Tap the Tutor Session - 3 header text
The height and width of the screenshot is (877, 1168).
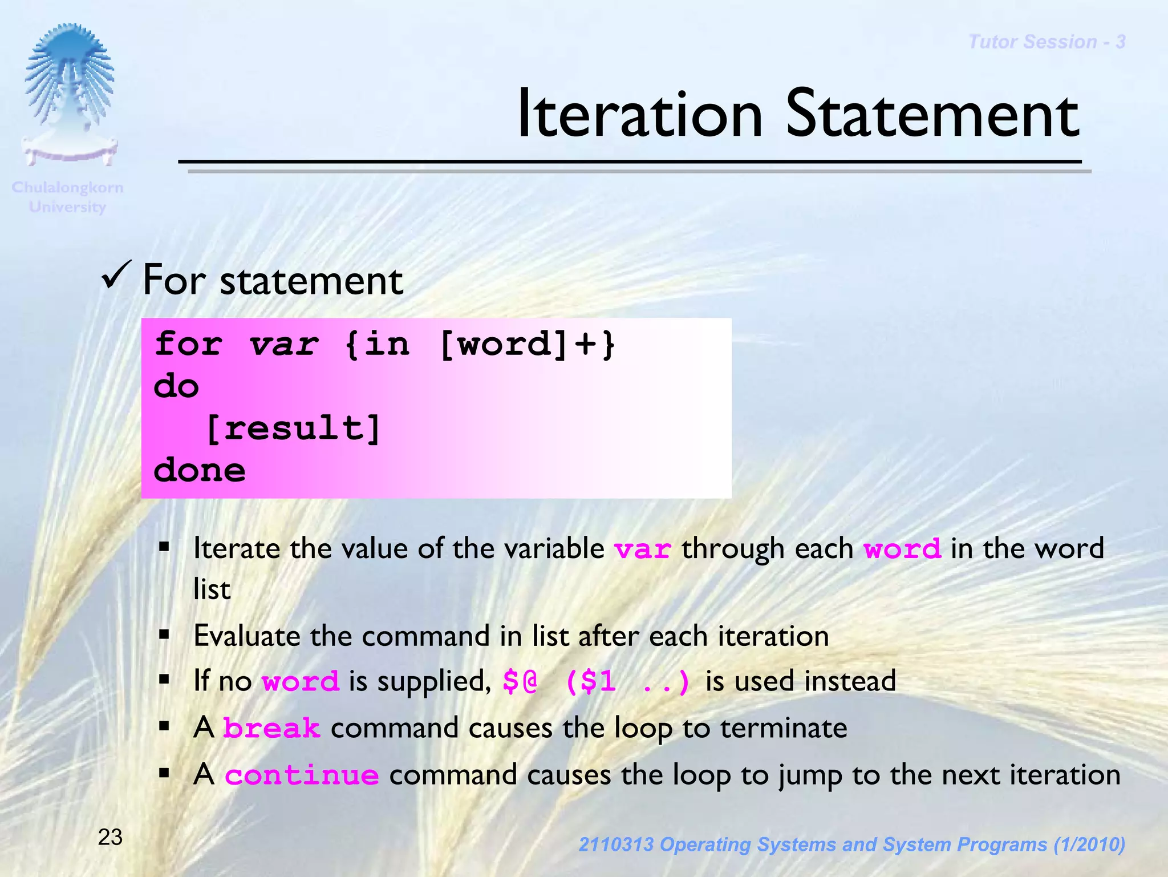pos(1047,42)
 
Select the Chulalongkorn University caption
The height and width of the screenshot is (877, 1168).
pos(67,197)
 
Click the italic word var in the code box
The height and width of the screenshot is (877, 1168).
pos(283,344)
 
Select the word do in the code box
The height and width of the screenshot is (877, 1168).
pos(176,386)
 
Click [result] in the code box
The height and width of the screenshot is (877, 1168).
pos(293,428)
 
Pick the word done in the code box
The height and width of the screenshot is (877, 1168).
pos(199,470)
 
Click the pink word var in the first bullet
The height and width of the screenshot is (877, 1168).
pos(642,549)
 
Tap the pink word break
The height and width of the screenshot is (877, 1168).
pos(271,729)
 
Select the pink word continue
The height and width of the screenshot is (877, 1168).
pos(302,775)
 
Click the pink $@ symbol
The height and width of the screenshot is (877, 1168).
pos(520,681)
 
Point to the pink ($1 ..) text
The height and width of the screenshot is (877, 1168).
pos(627,681)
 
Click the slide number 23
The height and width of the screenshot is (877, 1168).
pos(110,837)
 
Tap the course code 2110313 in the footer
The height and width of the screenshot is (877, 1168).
pos(616,844)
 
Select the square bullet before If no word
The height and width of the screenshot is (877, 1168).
pos(164,680)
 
